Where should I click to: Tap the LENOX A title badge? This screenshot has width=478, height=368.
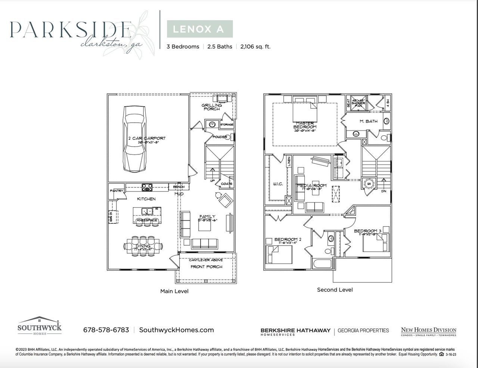(199, 29)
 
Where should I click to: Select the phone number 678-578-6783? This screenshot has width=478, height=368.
(106, 330)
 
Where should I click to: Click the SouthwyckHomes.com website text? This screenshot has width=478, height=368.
(176, 330)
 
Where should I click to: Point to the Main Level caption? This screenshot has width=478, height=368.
(174, 291)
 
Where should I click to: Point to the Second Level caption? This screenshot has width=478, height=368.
(335, 289)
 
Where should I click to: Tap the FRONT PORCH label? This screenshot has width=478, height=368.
(206, 267)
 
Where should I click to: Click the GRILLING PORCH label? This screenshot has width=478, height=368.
(212, 107)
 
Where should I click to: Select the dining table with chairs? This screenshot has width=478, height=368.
(143, 246)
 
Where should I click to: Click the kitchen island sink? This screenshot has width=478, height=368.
(146, 211)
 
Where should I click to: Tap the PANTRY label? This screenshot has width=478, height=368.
(117, 191)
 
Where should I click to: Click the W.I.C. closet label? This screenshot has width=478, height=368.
(278, 184)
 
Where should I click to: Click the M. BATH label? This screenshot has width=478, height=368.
(368, 121)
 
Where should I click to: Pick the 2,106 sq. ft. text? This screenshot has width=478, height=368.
(255, 47)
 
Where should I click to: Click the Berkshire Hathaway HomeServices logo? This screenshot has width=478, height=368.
(295, 331)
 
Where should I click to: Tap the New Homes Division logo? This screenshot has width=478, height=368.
(428, 331)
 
